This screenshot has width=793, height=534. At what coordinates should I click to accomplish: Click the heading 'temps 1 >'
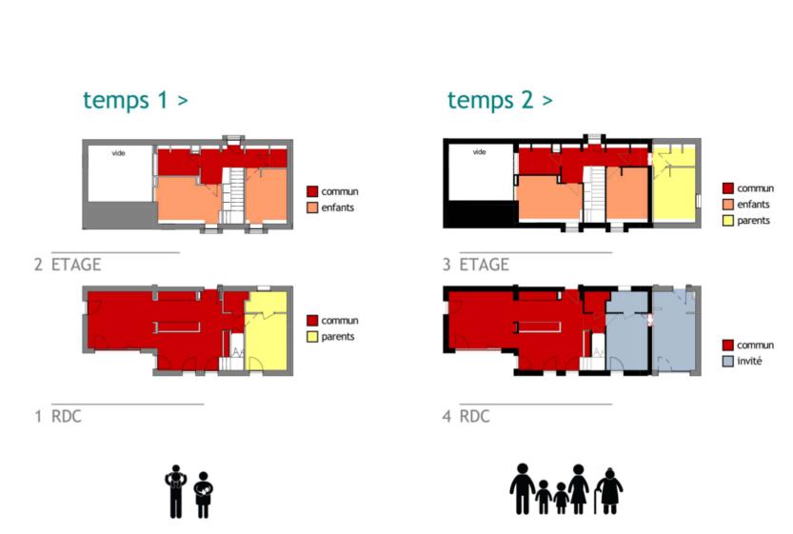coord(135,100)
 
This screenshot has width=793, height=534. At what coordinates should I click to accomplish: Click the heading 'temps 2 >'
coord(500,100)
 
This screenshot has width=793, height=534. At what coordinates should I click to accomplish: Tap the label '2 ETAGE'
coord(68,265)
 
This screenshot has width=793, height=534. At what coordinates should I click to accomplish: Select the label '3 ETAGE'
coord(476,265)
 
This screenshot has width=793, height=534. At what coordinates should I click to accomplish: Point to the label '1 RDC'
coord(58,416)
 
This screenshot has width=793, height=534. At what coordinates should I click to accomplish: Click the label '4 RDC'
coord(466,416)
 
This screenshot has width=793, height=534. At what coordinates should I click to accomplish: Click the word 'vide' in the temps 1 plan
coord(118,153)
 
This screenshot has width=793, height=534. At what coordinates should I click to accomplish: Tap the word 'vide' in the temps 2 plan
coord(479,151)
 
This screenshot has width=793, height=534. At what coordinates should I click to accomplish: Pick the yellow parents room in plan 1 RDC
coord(266,331)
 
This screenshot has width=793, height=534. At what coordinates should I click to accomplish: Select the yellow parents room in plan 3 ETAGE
coord(674,183)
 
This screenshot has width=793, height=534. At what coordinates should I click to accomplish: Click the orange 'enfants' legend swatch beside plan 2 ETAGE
coord(312,208)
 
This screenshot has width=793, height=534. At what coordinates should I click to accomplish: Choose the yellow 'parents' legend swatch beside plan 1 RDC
coord(312,337)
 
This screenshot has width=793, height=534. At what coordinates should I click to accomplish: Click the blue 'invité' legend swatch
coord(727,361)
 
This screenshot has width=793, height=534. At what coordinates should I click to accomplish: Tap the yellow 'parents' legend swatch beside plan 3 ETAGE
coord(727,221)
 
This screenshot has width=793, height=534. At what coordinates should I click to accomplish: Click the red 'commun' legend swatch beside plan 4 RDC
coord(727,345)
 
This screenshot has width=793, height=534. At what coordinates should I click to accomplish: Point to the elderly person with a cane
coord(608,490)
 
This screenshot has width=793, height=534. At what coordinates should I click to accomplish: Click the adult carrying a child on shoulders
coord(175,491)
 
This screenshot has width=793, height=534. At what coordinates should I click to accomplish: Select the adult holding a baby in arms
coord(204,495)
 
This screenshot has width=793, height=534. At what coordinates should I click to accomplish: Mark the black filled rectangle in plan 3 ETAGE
coord(479,213)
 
